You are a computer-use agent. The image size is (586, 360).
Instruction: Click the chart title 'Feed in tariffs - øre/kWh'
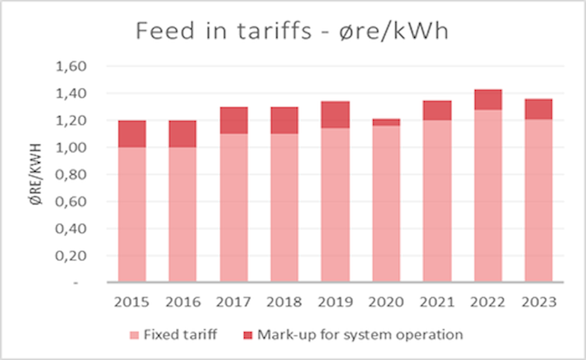292,31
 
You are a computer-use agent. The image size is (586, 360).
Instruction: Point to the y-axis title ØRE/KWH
36,174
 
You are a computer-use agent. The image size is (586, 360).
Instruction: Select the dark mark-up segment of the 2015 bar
132,134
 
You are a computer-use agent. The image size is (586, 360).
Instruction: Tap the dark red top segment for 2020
386,122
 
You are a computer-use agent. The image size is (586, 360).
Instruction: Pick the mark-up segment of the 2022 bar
488,100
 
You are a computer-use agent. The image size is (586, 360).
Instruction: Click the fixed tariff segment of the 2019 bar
335,205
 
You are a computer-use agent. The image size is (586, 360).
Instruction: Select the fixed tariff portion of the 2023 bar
538,201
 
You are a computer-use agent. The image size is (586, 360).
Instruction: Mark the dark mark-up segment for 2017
234,120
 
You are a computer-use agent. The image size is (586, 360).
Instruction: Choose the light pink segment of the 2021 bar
437,201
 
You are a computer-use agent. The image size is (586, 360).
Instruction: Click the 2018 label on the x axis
284,302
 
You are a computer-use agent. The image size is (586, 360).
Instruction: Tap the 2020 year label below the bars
386,302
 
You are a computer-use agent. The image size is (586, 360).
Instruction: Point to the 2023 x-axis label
539,302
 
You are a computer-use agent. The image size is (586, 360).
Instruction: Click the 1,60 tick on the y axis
71,66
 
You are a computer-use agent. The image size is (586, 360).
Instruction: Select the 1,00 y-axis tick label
71,147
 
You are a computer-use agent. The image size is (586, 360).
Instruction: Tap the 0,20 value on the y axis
71,256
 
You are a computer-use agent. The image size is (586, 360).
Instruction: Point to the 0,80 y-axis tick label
71,175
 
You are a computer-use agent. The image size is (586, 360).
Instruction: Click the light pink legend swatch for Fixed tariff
134,335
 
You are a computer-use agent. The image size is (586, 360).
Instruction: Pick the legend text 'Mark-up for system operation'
360,334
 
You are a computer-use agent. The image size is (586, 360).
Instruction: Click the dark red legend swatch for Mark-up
247,335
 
